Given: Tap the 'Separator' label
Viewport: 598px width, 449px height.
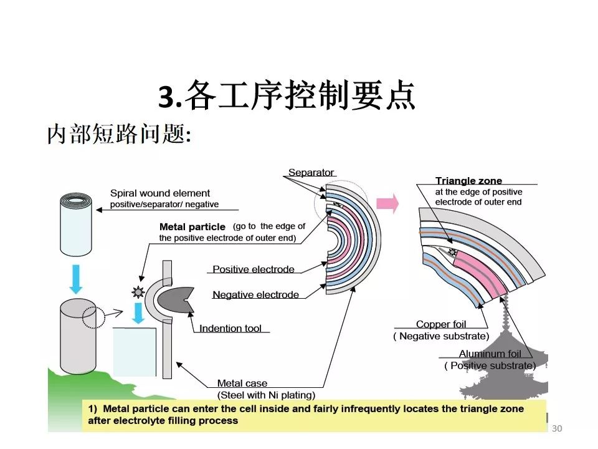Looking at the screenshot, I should [x=311, y=172].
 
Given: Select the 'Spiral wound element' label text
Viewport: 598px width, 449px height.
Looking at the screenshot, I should [x=160, y=193].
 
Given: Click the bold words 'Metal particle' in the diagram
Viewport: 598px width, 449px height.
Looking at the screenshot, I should [x=192, y=227].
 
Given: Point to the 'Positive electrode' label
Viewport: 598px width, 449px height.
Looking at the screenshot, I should [x=253, y=269].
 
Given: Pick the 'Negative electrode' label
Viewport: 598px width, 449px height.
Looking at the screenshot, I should [x=255, y=294].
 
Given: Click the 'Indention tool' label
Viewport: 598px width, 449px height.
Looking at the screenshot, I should [x=230, y=328].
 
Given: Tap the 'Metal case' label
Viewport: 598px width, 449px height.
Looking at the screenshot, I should [x=242, y=384].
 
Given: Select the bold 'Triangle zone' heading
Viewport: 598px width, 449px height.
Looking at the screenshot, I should [x=468, y=181].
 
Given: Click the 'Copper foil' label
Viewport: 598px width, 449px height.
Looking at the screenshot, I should [x=441, y=324].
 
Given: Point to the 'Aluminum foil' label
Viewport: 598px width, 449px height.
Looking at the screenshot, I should [x=490, y=354].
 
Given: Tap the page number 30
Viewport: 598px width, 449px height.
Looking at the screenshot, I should [x=557, y=428].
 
